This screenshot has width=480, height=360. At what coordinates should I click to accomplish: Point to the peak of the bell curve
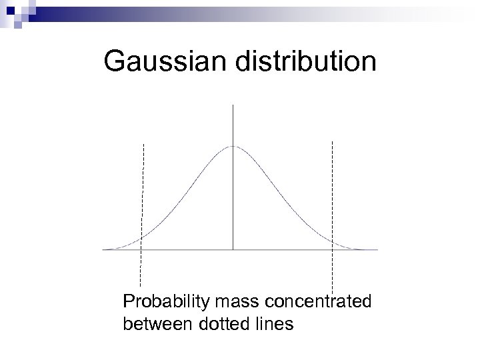(x=233, y=146)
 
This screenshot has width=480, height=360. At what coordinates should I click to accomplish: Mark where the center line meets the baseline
(x=233, y=249)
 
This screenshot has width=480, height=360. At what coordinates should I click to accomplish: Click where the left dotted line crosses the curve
(x=141, y=237)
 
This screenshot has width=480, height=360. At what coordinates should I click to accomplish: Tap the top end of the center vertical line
(x=233, y=105)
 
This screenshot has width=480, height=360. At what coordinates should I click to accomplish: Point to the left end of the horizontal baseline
(x=103, y=249)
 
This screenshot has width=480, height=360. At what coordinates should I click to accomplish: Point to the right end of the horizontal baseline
(x=377, y=249)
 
